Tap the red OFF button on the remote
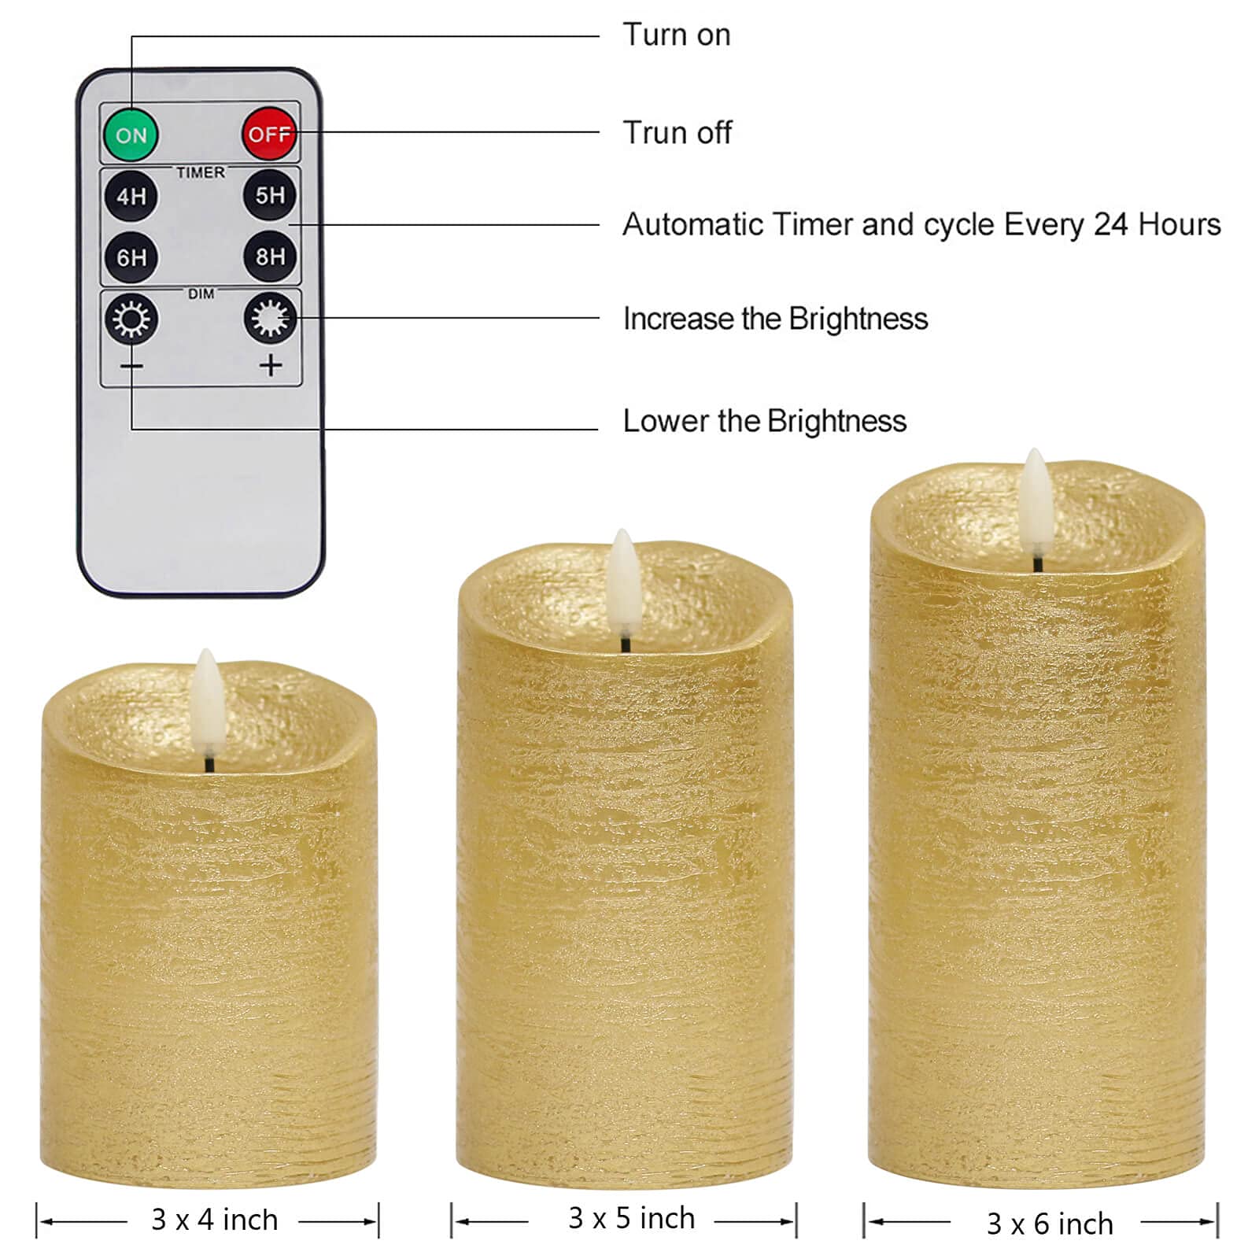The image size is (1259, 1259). point(269,135)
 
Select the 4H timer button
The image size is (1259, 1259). point(131,196)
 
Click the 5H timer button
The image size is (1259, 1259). point(270,195)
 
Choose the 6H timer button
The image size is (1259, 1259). point(131,257)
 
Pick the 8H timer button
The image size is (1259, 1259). point(270,257)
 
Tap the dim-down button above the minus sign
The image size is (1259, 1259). point(131,319)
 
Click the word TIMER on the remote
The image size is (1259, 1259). point(201,172)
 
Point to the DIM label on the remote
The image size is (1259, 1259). point(201,294)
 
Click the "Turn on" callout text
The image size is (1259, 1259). point(676,35)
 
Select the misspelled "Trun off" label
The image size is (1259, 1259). point(677,133)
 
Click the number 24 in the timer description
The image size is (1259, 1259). point(1110,225)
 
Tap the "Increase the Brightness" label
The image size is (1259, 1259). point(775,319)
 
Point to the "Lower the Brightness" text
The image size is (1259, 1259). point(764,421)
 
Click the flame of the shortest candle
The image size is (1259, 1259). point(208,700)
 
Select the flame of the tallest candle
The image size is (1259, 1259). point(1036,500)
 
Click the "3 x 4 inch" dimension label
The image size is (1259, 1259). point(214,1220)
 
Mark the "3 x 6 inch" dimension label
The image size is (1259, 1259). point(1050,1224)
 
